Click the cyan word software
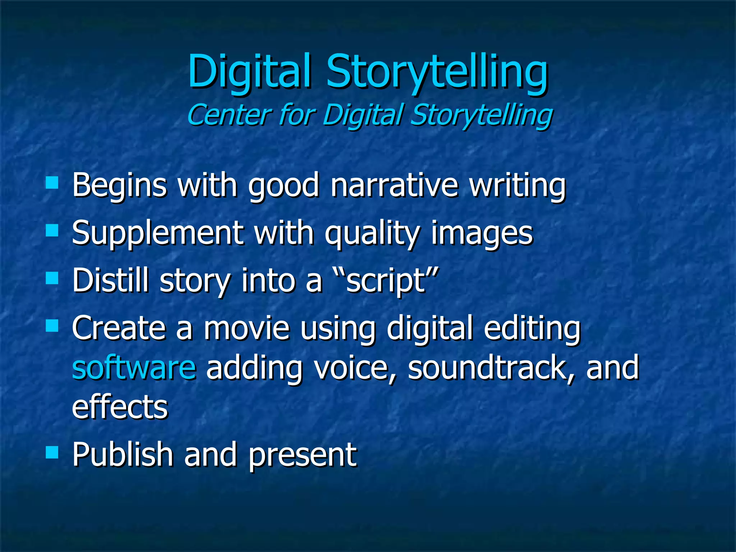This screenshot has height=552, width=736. pos(134,367)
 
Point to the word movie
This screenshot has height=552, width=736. pos(247,328)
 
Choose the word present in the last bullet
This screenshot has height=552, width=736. pos(303,456)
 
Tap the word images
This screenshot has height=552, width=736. pos(482,234)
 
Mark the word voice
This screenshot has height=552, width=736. pos(356,367)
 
